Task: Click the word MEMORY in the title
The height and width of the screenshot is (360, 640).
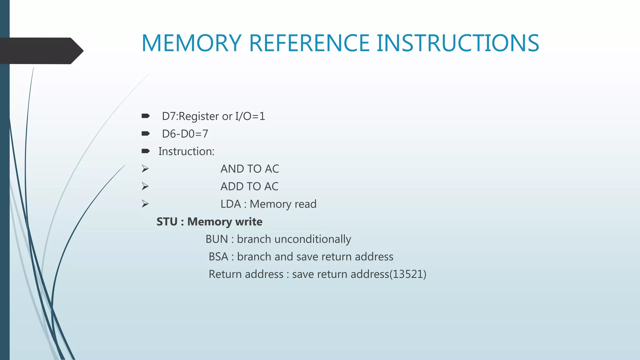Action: click(191, 43)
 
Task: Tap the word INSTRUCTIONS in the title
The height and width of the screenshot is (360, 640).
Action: click(458, 43)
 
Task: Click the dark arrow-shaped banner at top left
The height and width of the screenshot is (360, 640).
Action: click(41, 51)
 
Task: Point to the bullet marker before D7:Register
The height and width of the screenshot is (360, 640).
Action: click(145, 116)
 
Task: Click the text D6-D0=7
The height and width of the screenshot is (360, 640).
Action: click(185, 134)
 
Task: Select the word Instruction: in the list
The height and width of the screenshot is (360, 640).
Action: click(186, 152)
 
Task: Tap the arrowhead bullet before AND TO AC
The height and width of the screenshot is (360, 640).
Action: click(145, 169)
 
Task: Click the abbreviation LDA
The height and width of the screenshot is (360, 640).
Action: click(231, 204)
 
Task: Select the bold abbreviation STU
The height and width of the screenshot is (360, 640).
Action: click(167, 222)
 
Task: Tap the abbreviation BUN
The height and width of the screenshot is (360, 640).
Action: click(217, 239)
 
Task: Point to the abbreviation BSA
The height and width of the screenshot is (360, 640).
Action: click(218, 257)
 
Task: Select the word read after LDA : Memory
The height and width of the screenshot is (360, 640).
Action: click(305, 204)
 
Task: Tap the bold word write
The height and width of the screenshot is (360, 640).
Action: click(249, 222)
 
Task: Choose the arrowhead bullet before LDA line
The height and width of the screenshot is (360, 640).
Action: click(145, 204)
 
